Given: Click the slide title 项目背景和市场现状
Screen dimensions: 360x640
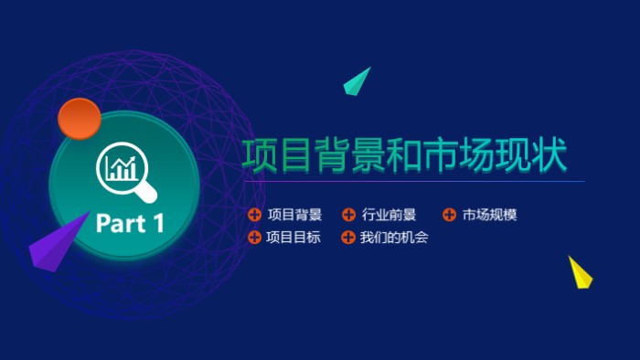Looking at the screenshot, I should [404, 155].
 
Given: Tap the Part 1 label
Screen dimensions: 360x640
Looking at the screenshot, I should [131, 223].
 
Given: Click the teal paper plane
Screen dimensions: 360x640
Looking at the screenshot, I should [357, 81].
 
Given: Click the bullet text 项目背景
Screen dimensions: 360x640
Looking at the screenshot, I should [294, 216].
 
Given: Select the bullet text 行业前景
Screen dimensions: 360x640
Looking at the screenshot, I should [389, 216].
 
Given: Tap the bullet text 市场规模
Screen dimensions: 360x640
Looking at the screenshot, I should [489, 216].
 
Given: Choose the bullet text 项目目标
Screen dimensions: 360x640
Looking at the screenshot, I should [294, 238].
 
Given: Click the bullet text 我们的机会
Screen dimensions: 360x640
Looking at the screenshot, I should [394, 238].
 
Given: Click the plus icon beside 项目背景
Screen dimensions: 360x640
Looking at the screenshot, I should [254, 216].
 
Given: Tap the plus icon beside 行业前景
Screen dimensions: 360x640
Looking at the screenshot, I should [348, 216].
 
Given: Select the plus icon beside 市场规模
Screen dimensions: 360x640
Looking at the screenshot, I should [449, 216].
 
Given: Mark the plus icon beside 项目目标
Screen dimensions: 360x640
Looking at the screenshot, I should [254, 238].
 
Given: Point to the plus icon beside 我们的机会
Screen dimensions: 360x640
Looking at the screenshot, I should [348, 238].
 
